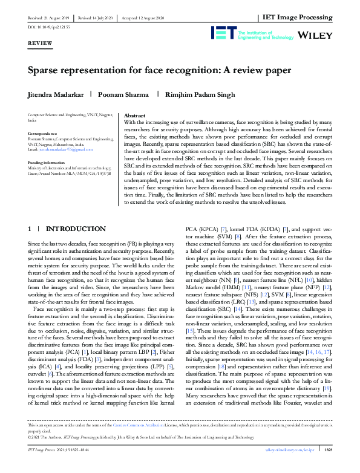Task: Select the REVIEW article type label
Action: click(40, 45)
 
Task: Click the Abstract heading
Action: click(134, 116)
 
